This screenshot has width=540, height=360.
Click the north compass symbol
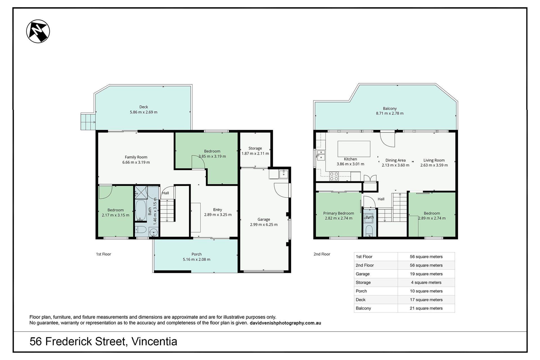tap(38, 31)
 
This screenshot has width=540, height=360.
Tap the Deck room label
tap(143, 107)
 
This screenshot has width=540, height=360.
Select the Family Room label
tap(136, 157)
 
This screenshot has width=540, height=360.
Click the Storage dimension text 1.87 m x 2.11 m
tap(255, 154)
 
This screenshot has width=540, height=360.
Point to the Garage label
tap(264, 219)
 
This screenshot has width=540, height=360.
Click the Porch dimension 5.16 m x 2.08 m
tap(197, 259)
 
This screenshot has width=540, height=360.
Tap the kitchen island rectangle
tap(354, 149)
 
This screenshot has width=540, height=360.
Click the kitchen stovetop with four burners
tap(334, 176)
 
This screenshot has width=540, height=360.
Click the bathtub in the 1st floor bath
tap(140, 210)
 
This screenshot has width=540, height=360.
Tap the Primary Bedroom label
tap(339, 213)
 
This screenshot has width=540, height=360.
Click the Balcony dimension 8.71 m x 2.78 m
tap(390, 113)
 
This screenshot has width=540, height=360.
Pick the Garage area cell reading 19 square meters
tap(426, 274)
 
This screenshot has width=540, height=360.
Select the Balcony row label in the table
tap(363, 308)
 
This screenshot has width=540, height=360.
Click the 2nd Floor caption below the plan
tap(322, 254)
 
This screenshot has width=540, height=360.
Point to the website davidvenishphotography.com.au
tap(285, 323)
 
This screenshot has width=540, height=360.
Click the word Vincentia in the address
tap(154, 342)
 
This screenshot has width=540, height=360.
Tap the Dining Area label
tap(395, 160)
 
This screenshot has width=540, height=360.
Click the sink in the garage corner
tap(284, 174)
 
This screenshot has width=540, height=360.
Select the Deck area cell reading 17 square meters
tap(426, 300)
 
